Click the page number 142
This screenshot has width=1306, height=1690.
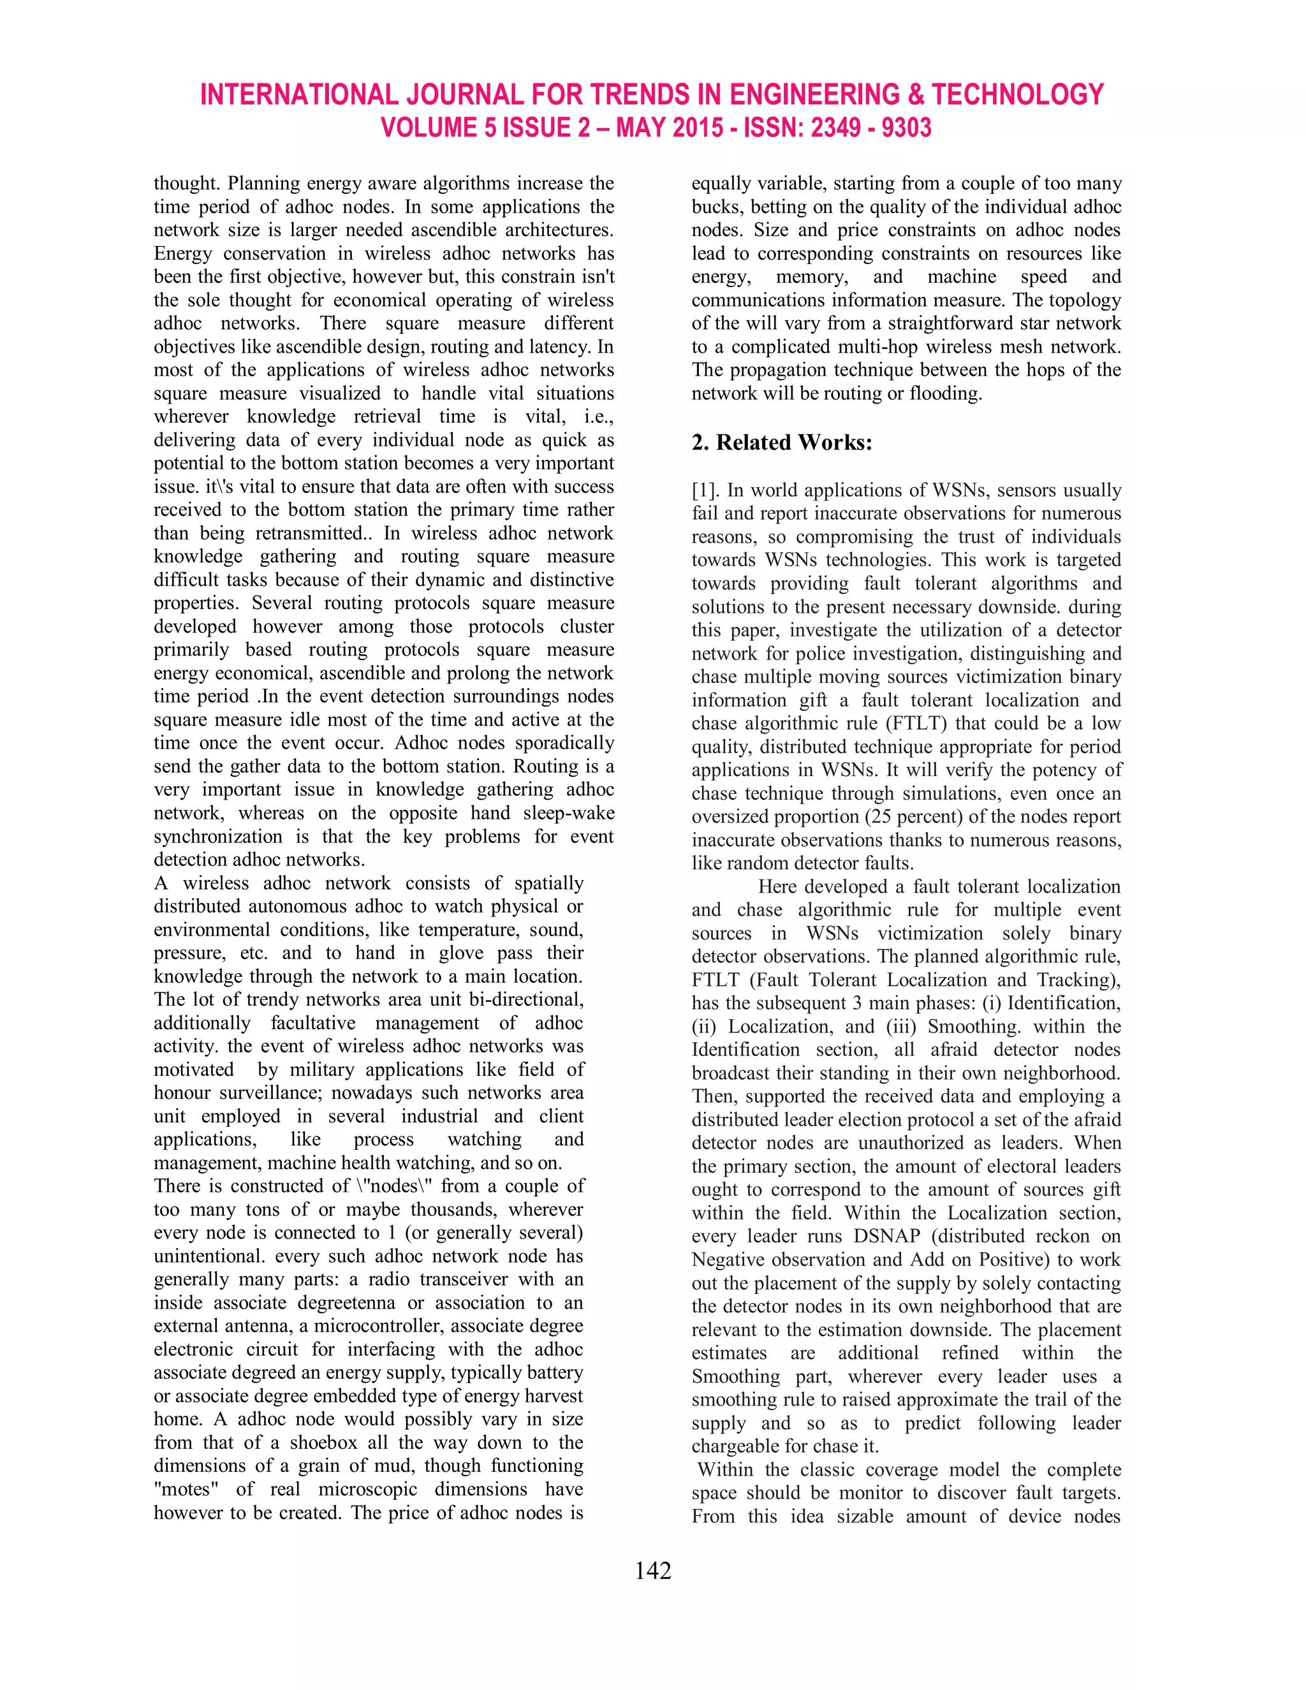point(652,1570)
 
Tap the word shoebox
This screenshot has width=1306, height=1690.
point(325,1443)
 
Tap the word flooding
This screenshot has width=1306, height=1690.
point(944,394)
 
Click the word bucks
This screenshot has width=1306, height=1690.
point(717,207)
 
